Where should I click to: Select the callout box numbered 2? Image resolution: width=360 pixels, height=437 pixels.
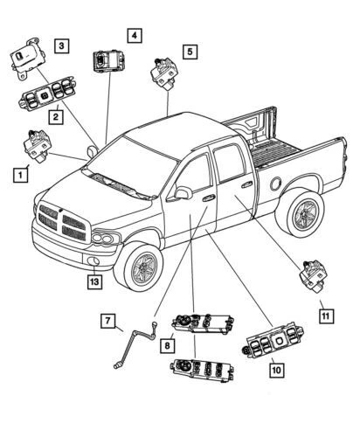click(x=55, y=115)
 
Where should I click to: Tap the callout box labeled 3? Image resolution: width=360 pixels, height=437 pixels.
click(x=60, y=45)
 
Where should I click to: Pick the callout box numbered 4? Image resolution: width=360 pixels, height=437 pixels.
click(x=133, y=36)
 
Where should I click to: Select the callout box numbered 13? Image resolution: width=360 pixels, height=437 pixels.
click(x=93, y=281)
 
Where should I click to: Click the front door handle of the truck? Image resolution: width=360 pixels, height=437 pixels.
click(x=209, y=199)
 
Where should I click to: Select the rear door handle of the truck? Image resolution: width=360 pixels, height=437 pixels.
click(x=248, y=184)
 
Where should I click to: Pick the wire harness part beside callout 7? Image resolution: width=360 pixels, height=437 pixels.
click(x=136, y=342)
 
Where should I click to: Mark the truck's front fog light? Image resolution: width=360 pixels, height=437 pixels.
click(x=93, y=263)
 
